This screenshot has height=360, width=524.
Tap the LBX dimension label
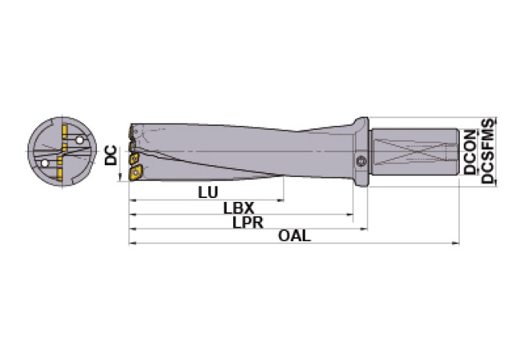(x=238, y=209)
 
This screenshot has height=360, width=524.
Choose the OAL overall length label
(x=294, y=237)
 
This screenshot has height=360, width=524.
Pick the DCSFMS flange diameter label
(x=488, y=152)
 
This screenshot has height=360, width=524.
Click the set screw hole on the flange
(x=361, y=160)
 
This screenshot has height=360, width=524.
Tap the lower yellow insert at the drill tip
(x=135, y=172)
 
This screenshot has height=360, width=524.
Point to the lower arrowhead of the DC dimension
(x=120, y=177)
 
